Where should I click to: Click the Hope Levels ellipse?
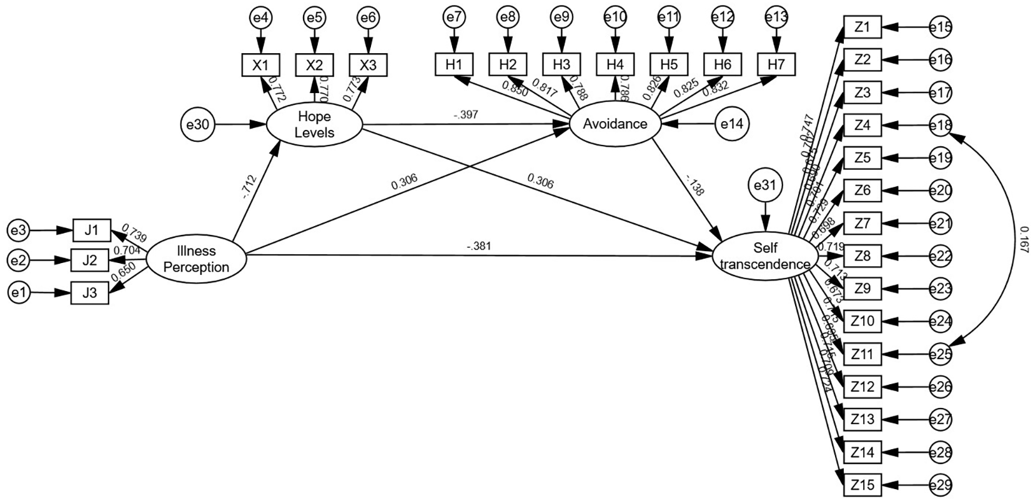315,124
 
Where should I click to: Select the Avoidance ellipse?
615,124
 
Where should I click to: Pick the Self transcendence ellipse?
765,255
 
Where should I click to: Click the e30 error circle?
197,124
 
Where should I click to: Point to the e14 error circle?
732,124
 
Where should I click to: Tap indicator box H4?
615,64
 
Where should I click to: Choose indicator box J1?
91,230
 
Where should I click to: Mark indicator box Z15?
862,485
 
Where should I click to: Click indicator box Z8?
862,255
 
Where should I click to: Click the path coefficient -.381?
478,246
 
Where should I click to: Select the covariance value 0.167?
1022,239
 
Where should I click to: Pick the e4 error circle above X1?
261,18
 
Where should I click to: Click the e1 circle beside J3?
19,293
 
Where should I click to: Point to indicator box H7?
776,64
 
